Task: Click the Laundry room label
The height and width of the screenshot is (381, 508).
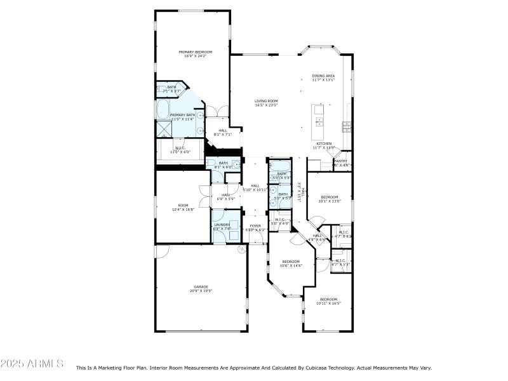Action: point(221,225)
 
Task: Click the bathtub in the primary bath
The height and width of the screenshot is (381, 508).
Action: point(164,109)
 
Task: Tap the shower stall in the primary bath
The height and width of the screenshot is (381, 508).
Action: point(164,129)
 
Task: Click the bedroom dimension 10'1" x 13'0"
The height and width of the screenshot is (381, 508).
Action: point(330,201)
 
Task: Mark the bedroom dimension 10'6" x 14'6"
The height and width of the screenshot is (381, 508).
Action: point(291,265)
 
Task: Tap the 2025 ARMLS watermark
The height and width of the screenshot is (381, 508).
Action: point(32,364)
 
